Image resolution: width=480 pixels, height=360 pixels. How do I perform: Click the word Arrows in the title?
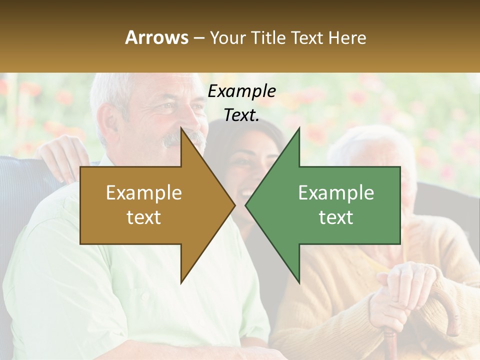(x=156, y=37)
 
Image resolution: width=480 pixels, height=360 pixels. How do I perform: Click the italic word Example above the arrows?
(x=241, y=91)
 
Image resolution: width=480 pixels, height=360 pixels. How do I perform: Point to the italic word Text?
(x=241, y=115)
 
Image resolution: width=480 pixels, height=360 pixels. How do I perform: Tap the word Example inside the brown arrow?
(x=144, y=193)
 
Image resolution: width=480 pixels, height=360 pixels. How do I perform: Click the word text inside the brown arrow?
(x=144, y=217)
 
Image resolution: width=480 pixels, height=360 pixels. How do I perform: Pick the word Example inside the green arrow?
(x=336, y=193)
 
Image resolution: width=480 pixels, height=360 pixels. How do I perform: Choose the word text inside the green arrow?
(x=336, y=217)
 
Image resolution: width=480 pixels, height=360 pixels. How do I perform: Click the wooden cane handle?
(x=450, y=305)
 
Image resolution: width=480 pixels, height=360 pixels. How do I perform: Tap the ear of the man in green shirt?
(x=106, y=122)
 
